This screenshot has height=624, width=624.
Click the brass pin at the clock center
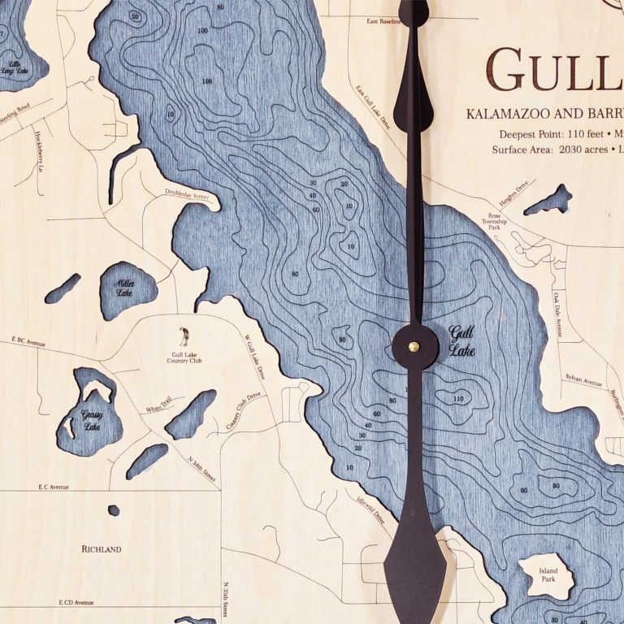click(414, 346)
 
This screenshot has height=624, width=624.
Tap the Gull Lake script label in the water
click(461, 341)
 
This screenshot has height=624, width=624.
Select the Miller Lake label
click(124, 288)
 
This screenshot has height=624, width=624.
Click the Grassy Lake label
click(91, 419)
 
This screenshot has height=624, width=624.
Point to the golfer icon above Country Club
click(184, 336)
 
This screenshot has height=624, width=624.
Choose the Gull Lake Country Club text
click(186, 357)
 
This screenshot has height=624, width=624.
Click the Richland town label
click(102, 549)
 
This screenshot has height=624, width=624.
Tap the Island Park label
click(548, 576)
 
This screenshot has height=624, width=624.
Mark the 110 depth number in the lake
click(458, 399)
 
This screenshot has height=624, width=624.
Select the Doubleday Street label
click(187, 193)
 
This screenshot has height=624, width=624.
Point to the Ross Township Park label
click(493, 221)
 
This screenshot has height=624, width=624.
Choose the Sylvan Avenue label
click(583, 379)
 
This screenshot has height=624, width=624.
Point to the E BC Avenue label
click(28, 343)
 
